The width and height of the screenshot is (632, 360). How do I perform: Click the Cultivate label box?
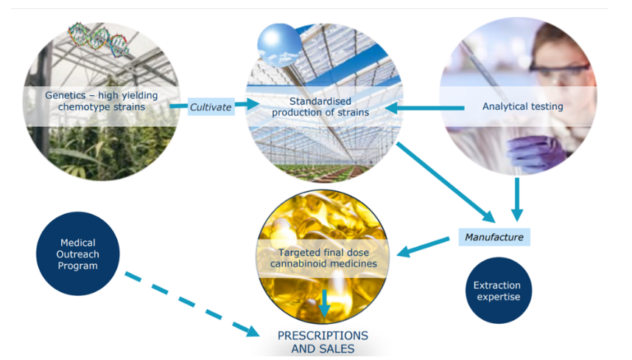click(x=211, y=107)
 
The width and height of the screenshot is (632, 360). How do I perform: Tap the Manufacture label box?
click(x=494, y=237)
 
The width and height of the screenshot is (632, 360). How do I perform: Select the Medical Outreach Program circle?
click(x=78, y=254)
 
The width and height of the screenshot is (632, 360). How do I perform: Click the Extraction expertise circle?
click(x=499, y=291)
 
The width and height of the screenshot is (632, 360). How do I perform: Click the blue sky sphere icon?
click(x=279, y=45)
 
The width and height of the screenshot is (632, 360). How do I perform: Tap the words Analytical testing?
click(x=523, y=106)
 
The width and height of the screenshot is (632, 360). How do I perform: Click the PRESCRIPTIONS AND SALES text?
click(x=323, y=342)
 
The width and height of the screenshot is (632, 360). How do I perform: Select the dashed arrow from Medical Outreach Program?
click(x=192, y=305)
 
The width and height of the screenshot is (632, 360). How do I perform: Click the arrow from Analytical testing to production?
click(x=424, y=108)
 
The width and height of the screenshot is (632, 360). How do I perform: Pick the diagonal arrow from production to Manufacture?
click(x=446, y=182)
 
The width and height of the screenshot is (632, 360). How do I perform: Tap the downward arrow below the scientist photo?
click(x=517, y=199)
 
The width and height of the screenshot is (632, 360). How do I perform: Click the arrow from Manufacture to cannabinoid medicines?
click(x=423, y=247)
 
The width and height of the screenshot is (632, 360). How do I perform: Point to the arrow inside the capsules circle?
click(x=324, y=303)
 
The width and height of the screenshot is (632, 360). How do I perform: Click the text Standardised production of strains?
click(x=320, y=107)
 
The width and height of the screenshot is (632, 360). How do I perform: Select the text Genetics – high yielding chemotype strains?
click(x=102, y=101)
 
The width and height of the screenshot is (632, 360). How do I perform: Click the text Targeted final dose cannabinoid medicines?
click(x=323, y=258)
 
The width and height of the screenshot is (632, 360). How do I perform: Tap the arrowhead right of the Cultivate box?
click(x=253, y=104)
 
